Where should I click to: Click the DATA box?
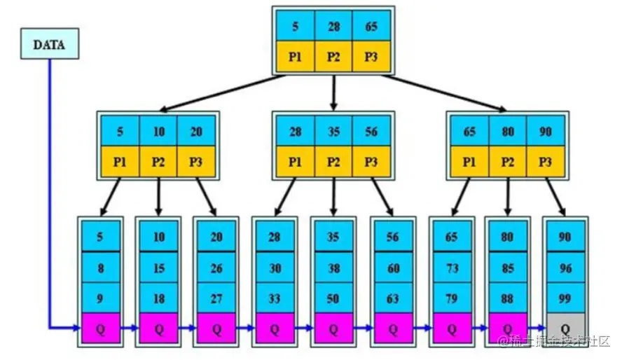pyautogui.click(x=50, y=44)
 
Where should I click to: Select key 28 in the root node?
pyautogui.click(x=333, y=25)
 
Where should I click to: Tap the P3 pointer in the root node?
pyautogui.click(x=372, y=57)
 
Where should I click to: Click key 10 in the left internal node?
pyautogui.click(x=159, y=131)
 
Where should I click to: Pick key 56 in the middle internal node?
pyautogui.click(x=372, y=131)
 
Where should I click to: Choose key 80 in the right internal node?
pyautogui.click(x=508, y=131)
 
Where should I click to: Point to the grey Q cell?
pyautogui.click(x=565, y=327)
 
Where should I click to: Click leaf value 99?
pyautogui.click(x=565, y=298)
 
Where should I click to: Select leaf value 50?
pyautogui.click(x=333, y=298)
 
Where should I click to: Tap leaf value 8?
pyautogui.click(x=100, y=268)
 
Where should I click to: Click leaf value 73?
pyautogui.click(x=451, y=268)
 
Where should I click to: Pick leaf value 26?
pyautogui.click(x=216, y=268)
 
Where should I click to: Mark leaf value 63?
pyautogui.click(x=392, y=298)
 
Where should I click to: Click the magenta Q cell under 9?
pyautogui.click(x=100, y=327)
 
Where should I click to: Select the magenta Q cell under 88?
pyautogui.click(x=507, y=327)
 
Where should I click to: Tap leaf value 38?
pyautogui.click(x=333, y=268)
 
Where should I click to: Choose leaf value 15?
pyautogui.click(x=159, y=268)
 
